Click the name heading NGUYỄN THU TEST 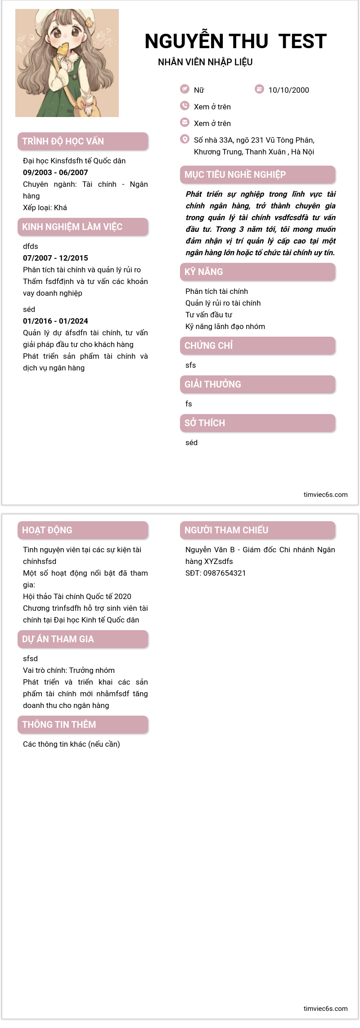pyautogui.click(x=235, y=41)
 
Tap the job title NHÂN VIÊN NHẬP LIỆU pyautogui.click(x=205, y=62)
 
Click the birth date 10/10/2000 pyautogui.click(x=288, y=90)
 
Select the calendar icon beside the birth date pyautogui.click(x=259, y=89)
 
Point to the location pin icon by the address pyautogui.click(x=184, y=139)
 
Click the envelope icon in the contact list pyautogui.click(x=184, y=122)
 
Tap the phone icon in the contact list pyautogui.click(x=184, y=106)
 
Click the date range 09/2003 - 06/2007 pyautogui.click(x=55, y=172)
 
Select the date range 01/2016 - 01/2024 pyautogui.click(x=55, y=321)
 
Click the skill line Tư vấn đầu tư pyautogui.click(x=209, y=315)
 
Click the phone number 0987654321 pyautogui.click(x=225, y=573)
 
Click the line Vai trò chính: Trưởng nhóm pyautogui.click(x=69, y=670)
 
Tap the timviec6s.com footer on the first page pyautogui.click(x=325, y=495)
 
